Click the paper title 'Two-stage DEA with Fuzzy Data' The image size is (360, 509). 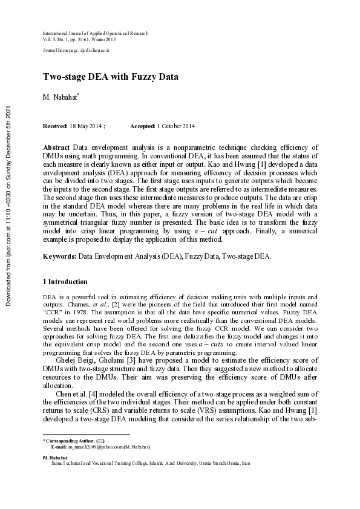click(110, 77)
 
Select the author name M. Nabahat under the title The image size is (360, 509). click(61, 97)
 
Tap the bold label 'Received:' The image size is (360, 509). click(55, 126)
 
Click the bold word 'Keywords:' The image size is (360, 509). click(59, 256)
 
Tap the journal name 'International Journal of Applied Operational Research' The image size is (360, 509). click(95, 34)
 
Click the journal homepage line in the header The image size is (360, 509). click(76, 53)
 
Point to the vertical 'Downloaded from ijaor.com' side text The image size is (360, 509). click(8, 206)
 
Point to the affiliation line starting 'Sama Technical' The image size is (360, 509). click(142, 464)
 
